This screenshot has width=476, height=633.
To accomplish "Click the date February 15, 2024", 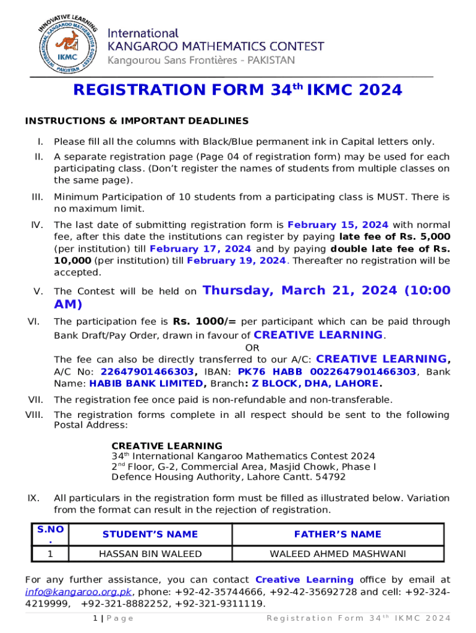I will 338,225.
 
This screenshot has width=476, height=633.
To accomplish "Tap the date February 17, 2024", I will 200,249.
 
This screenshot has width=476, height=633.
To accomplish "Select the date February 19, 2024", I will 237,260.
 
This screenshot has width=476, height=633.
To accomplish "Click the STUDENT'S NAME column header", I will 150,534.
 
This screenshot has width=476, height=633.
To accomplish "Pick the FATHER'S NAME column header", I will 338,534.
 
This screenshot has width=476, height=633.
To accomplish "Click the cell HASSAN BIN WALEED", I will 150,554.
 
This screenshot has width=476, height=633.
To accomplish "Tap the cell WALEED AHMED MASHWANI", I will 338,554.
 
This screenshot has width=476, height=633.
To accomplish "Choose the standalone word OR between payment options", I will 252,348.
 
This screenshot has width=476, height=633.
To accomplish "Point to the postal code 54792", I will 333,477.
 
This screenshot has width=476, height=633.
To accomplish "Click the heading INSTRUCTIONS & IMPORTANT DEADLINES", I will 137,121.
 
